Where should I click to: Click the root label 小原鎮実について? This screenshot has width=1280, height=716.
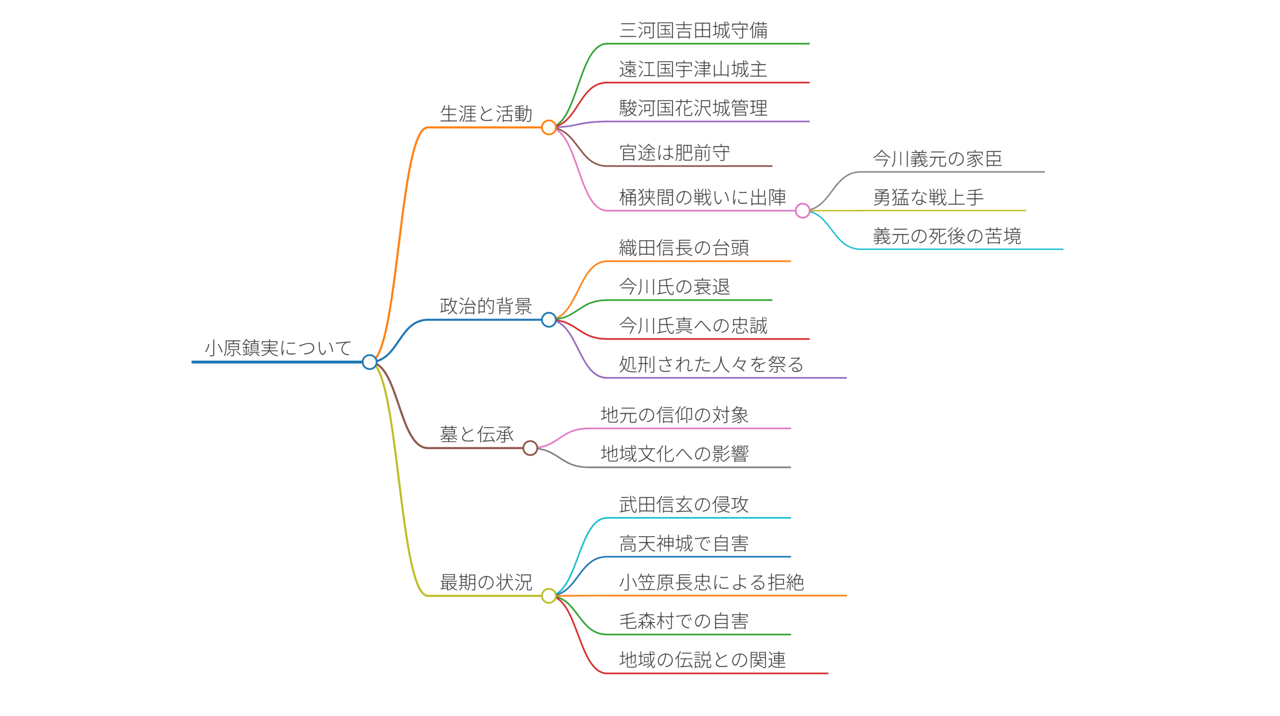[278, 348]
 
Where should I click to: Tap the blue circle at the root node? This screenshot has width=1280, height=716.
[369, 362]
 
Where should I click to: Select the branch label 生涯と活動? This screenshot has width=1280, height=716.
[485, 114]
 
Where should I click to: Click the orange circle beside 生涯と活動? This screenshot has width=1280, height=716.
[548, 128]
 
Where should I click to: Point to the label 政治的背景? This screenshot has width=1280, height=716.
[485, 306]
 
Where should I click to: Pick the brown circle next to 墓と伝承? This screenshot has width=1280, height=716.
[530, 448]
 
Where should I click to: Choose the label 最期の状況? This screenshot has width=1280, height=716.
[485, 582]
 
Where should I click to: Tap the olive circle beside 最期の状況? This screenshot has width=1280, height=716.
[548, 595]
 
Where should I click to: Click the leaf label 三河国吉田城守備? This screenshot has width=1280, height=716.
[693, 31]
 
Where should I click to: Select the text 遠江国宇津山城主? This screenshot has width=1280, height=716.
[693, 70]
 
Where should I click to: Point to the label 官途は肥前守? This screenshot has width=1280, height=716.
[674, 153]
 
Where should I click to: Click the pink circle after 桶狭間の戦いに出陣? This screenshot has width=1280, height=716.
[802, 211]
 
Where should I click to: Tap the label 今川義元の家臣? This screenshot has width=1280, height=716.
[937, 159]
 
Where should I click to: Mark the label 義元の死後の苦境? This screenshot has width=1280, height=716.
[946, 236]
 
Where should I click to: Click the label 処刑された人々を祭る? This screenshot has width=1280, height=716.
[711, 365]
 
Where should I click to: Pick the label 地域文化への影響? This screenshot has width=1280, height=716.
[674, 454]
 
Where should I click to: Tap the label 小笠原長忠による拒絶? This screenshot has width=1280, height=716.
[711, 582]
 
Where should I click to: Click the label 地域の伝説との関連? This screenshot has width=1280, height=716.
[702, 660]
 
